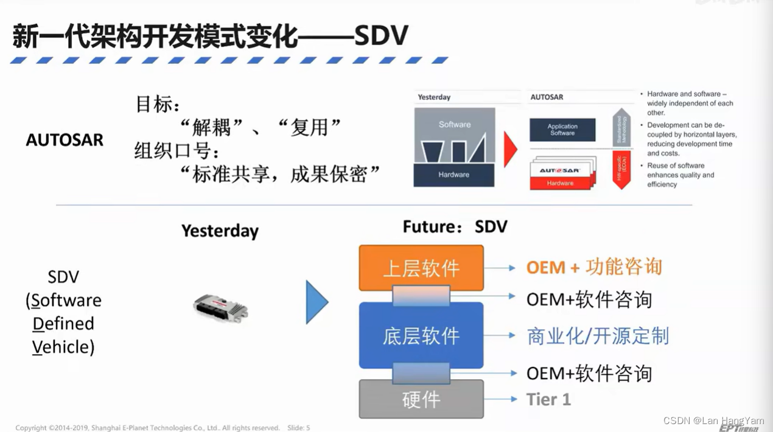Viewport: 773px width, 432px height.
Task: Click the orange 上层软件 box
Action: (421, 268)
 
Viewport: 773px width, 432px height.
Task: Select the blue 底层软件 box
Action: (421, 335)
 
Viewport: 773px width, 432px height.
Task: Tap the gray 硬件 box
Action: (421, 399)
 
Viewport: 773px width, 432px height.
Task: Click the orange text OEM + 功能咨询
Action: (593, 267)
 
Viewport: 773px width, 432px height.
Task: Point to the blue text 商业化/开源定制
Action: (598, 336)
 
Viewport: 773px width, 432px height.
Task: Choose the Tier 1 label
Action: (548, 399)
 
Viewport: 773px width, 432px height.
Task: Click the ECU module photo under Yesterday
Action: (220, 307)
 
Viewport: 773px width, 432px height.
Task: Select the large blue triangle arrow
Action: (316, 302)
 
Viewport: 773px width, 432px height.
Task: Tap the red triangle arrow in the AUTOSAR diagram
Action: (510, 149)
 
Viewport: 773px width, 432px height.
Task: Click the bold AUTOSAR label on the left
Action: (65, 140)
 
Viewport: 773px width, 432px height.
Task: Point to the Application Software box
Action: (562, 130)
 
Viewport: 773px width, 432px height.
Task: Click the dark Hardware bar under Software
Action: (454, 175)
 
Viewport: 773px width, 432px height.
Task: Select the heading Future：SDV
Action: (455, 227)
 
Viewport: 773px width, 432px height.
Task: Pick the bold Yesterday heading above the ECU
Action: (220, 231)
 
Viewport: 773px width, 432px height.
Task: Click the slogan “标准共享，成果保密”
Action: (281, 175)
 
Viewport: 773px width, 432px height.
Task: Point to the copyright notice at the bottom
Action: (147, 428)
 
